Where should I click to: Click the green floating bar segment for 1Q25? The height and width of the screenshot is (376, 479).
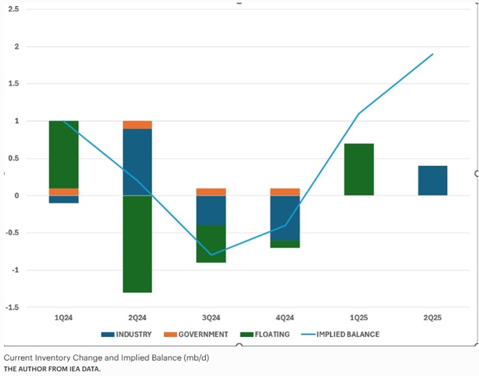(x=359, y=169)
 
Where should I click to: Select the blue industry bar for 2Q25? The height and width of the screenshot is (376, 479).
(x=432, y=181)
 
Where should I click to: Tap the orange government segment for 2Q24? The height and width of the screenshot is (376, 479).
(x=137, y=124)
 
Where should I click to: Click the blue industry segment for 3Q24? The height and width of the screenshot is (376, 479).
(x=211, y=210)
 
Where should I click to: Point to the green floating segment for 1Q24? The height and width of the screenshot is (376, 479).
(x=63, y=154)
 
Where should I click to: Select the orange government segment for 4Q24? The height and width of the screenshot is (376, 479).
(x=284, y=192)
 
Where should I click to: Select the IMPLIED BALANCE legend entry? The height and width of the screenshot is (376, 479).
(x=347, y=334)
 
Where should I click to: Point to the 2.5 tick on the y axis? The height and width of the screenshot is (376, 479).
(x=13, y=10)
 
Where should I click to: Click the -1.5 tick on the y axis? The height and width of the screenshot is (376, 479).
(x=12, y=307)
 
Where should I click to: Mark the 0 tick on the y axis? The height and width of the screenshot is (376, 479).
(x=16, y=195)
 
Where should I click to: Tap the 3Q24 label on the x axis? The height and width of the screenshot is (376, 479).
(x=211, y=319)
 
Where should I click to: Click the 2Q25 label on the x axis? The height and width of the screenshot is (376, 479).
(x=432, y=319)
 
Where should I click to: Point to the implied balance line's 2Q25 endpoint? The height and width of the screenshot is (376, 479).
(x=432, y=54)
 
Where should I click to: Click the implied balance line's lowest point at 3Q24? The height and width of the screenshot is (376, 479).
(x=211, y=255)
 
